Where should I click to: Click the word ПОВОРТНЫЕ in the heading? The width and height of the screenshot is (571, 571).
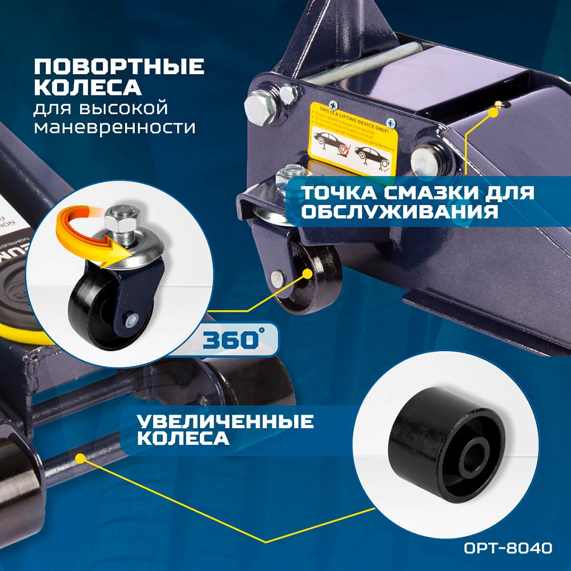119,67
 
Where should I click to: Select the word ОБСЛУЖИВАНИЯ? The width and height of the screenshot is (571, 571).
397,212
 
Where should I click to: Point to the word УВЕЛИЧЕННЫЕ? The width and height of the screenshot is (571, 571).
226,421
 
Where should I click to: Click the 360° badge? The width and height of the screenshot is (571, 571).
231,340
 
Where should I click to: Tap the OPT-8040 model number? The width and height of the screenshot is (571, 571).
507,549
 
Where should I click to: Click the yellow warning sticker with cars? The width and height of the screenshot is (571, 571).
353,139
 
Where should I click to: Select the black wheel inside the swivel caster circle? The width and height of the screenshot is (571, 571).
91,308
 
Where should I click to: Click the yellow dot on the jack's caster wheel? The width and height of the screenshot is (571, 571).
308,274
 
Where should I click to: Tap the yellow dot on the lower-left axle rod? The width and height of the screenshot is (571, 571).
80,458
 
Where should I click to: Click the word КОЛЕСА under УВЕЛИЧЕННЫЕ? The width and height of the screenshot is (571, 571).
184,439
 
